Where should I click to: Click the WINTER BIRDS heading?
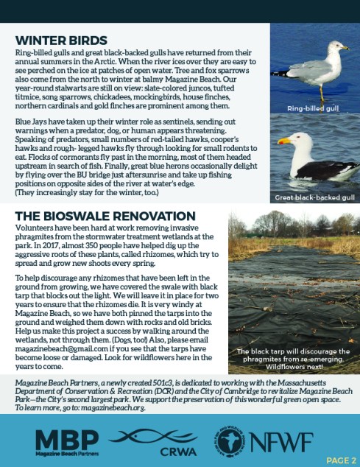pyautogui.click(x=60, y=40)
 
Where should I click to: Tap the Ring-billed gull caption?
pyautogui.click(x=314, y=109)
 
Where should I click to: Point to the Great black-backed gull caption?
pyautogui.click(x=314, y=198)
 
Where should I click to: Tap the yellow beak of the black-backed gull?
pyautogui.click(x=284, y=141)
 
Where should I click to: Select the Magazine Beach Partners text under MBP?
pyautogui.click(x=66, y=452)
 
